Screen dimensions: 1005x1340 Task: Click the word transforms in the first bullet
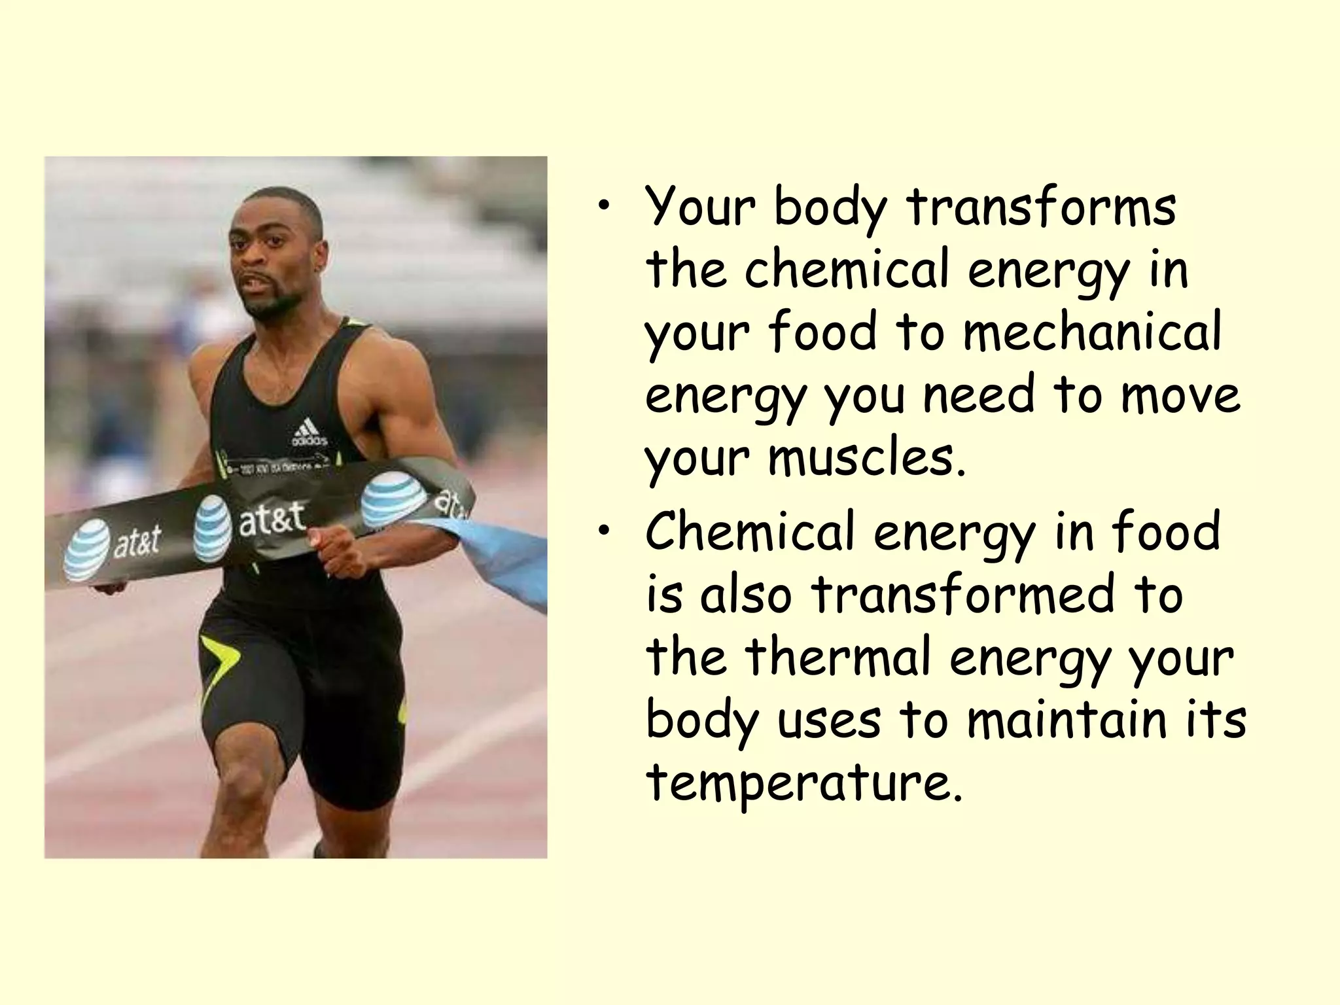tap(1041, 207)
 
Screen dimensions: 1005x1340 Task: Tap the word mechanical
tap(1091, 332)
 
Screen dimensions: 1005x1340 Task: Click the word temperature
tap(804, 783)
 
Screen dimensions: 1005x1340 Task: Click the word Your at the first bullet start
tap(700, 207)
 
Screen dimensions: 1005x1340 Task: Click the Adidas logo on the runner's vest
tap(308, 433)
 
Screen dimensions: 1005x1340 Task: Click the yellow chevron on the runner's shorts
tap(219, 658)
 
